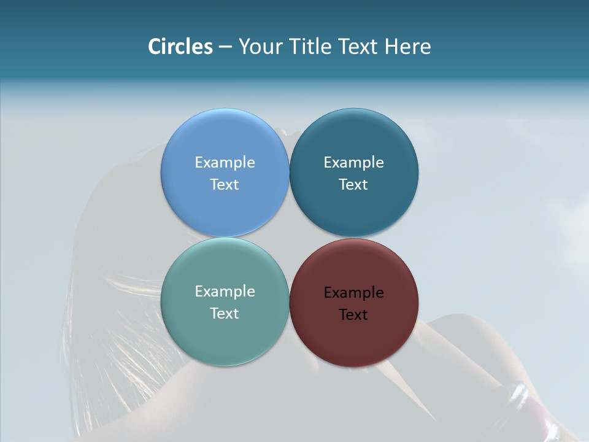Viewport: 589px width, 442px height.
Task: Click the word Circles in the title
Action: (180, 46)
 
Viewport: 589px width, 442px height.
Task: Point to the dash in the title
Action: (225, 47)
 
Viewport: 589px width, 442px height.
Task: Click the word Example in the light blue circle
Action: (225, 162)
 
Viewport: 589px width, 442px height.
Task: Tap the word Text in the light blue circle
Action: (225, 184)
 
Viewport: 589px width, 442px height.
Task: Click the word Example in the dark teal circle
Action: (353, 162)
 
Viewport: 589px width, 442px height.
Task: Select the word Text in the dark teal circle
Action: (353, 184)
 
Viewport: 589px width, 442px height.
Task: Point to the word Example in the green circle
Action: (225, 291)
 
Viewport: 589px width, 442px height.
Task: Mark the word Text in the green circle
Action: (225, 313)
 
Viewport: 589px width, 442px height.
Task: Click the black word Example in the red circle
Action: (353, 292)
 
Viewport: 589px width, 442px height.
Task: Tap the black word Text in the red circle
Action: (353, 314)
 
